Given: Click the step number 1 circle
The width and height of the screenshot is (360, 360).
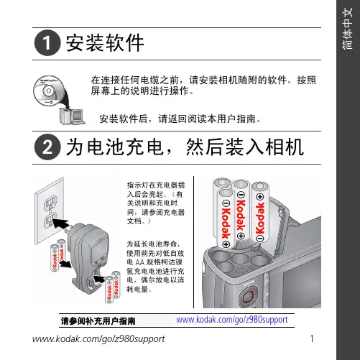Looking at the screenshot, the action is pyautogui.click(x=47, y=43).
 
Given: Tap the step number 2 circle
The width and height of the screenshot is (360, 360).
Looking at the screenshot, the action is pyautogui.click(x=47, y=147).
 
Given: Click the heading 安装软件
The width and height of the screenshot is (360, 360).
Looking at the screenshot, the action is pyautogui.click(x=105, y=43).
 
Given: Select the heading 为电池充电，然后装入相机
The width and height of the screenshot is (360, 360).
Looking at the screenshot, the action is pyautogui.click(x=185, y=147).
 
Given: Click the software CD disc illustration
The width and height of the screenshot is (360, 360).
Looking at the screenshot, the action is pyautogui.click(x=49, y=91).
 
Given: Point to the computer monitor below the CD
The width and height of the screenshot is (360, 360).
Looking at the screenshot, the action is pyautogui.click(x=78, y=116).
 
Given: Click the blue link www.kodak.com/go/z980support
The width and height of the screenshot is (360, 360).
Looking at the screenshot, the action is pyautogui.click(x=232, y=320).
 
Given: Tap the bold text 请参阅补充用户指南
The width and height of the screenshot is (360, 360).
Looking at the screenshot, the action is pyautogui.click(x=98, y=321).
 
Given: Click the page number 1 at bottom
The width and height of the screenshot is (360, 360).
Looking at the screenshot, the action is pyautogui.click(x=312, y=338).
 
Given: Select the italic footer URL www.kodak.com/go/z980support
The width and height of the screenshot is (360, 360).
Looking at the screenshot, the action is pyautogui.click(x=98, y=339).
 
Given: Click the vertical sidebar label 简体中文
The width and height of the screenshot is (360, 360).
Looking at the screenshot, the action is pyautogui.click(x=347, y=29).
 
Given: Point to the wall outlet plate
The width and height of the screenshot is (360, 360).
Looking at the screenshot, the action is pyautogui.click(x=50, y=211).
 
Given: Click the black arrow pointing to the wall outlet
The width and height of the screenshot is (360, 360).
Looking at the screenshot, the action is pyautogui.click(x=61, y=223).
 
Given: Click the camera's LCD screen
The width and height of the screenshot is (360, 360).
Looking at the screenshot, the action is pyautogui.click(x=303, y=282).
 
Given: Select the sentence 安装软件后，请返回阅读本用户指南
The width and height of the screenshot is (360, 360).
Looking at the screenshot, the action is pyautogui.click(x=180, y=119).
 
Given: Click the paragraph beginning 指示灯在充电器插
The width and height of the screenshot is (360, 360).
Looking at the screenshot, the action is pyautogui.click(x=156, y=203).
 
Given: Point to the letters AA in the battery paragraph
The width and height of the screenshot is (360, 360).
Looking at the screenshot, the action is pyautogui.click(x=140, y=262).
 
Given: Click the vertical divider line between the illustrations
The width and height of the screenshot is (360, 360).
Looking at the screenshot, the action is pyautogui.click(x=193, y=242).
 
